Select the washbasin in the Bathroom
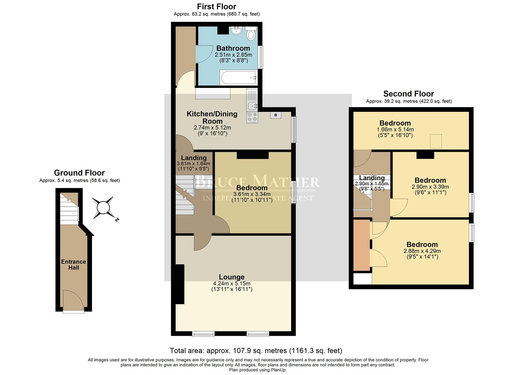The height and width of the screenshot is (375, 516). (236, 31)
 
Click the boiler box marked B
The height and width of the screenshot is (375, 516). (276, 115)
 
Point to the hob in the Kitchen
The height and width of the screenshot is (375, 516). (252, 117)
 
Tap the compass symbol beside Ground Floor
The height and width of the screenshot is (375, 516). (103, 208)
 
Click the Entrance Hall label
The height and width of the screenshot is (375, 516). (73, 265)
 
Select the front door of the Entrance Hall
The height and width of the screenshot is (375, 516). (73, 301)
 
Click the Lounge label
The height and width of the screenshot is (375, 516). (231, 277)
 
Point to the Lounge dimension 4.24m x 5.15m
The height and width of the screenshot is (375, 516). (231, 283)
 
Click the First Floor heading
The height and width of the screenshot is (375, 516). (216, 7)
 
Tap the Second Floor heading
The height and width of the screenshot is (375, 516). (408, 94)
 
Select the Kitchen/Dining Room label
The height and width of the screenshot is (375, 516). (212, 117)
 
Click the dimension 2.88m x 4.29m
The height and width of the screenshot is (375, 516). (422, 251)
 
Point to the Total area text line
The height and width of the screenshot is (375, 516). (256, 350)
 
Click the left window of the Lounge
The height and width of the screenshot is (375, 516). (203, 334)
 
